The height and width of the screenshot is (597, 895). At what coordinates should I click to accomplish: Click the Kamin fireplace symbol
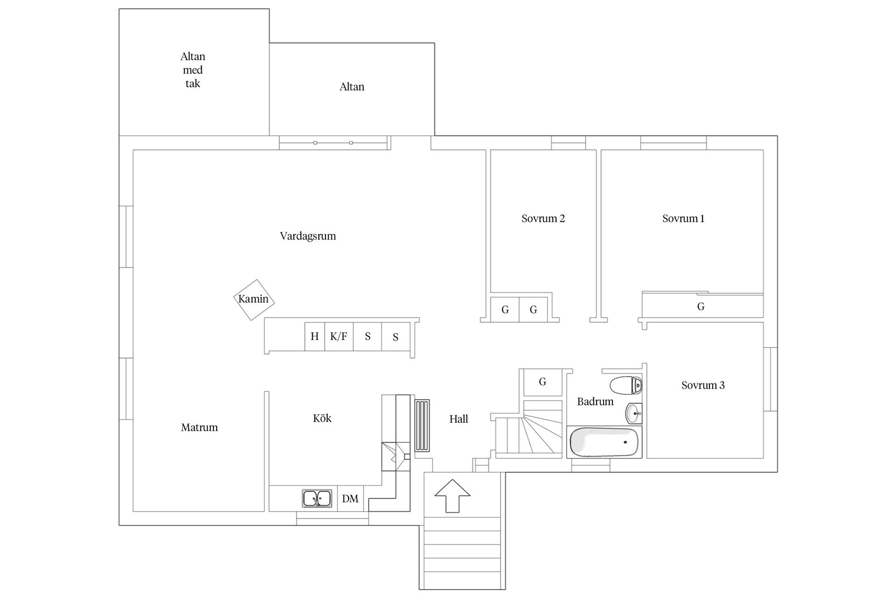[254, 299]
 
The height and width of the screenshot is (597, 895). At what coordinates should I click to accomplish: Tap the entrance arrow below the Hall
[452, 496]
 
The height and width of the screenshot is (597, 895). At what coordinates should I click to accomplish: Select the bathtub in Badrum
[604, 442]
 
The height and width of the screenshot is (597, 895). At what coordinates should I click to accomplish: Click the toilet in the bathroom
[626, 385]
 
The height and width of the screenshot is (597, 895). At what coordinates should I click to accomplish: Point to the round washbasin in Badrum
[633, 413]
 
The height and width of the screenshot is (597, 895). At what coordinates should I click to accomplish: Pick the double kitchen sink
[317, 499]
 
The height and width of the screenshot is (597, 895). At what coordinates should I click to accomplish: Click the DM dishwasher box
[350, 499]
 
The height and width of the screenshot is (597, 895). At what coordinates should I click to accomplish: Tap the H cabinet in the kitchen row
[315, 336]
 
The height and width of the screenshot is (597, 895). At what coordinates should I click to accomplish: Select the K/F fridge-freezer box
[339, 336]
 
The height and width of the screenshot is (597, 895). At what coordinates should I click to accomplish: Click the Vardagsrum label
[308, 236]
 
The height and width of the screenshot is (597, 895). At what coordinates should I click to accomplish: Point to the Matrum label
[200, 427]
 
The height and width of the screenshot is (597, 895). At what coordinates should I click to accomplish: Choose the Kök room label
[322, 418]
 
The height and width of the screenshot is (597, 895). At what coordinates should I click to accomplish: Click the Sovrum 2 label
[543, 218]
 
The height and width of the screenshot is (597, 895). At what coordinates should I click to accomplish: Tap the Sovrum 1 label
[683, 218]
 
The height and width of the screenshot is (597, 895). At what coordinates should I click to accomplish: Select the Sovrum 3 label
[703, 385]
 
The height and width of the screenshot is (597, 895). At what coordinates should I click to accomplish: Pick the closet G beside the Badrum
[543, 382]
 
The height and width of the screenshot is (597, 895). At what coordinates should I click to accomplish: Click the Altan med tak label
[193, 70]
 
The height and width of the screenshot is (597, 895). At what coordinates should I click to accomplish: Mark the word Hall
[459, 419]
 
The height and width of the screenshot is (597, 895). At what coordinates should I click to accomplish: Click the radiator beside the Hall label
[422, 425]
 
